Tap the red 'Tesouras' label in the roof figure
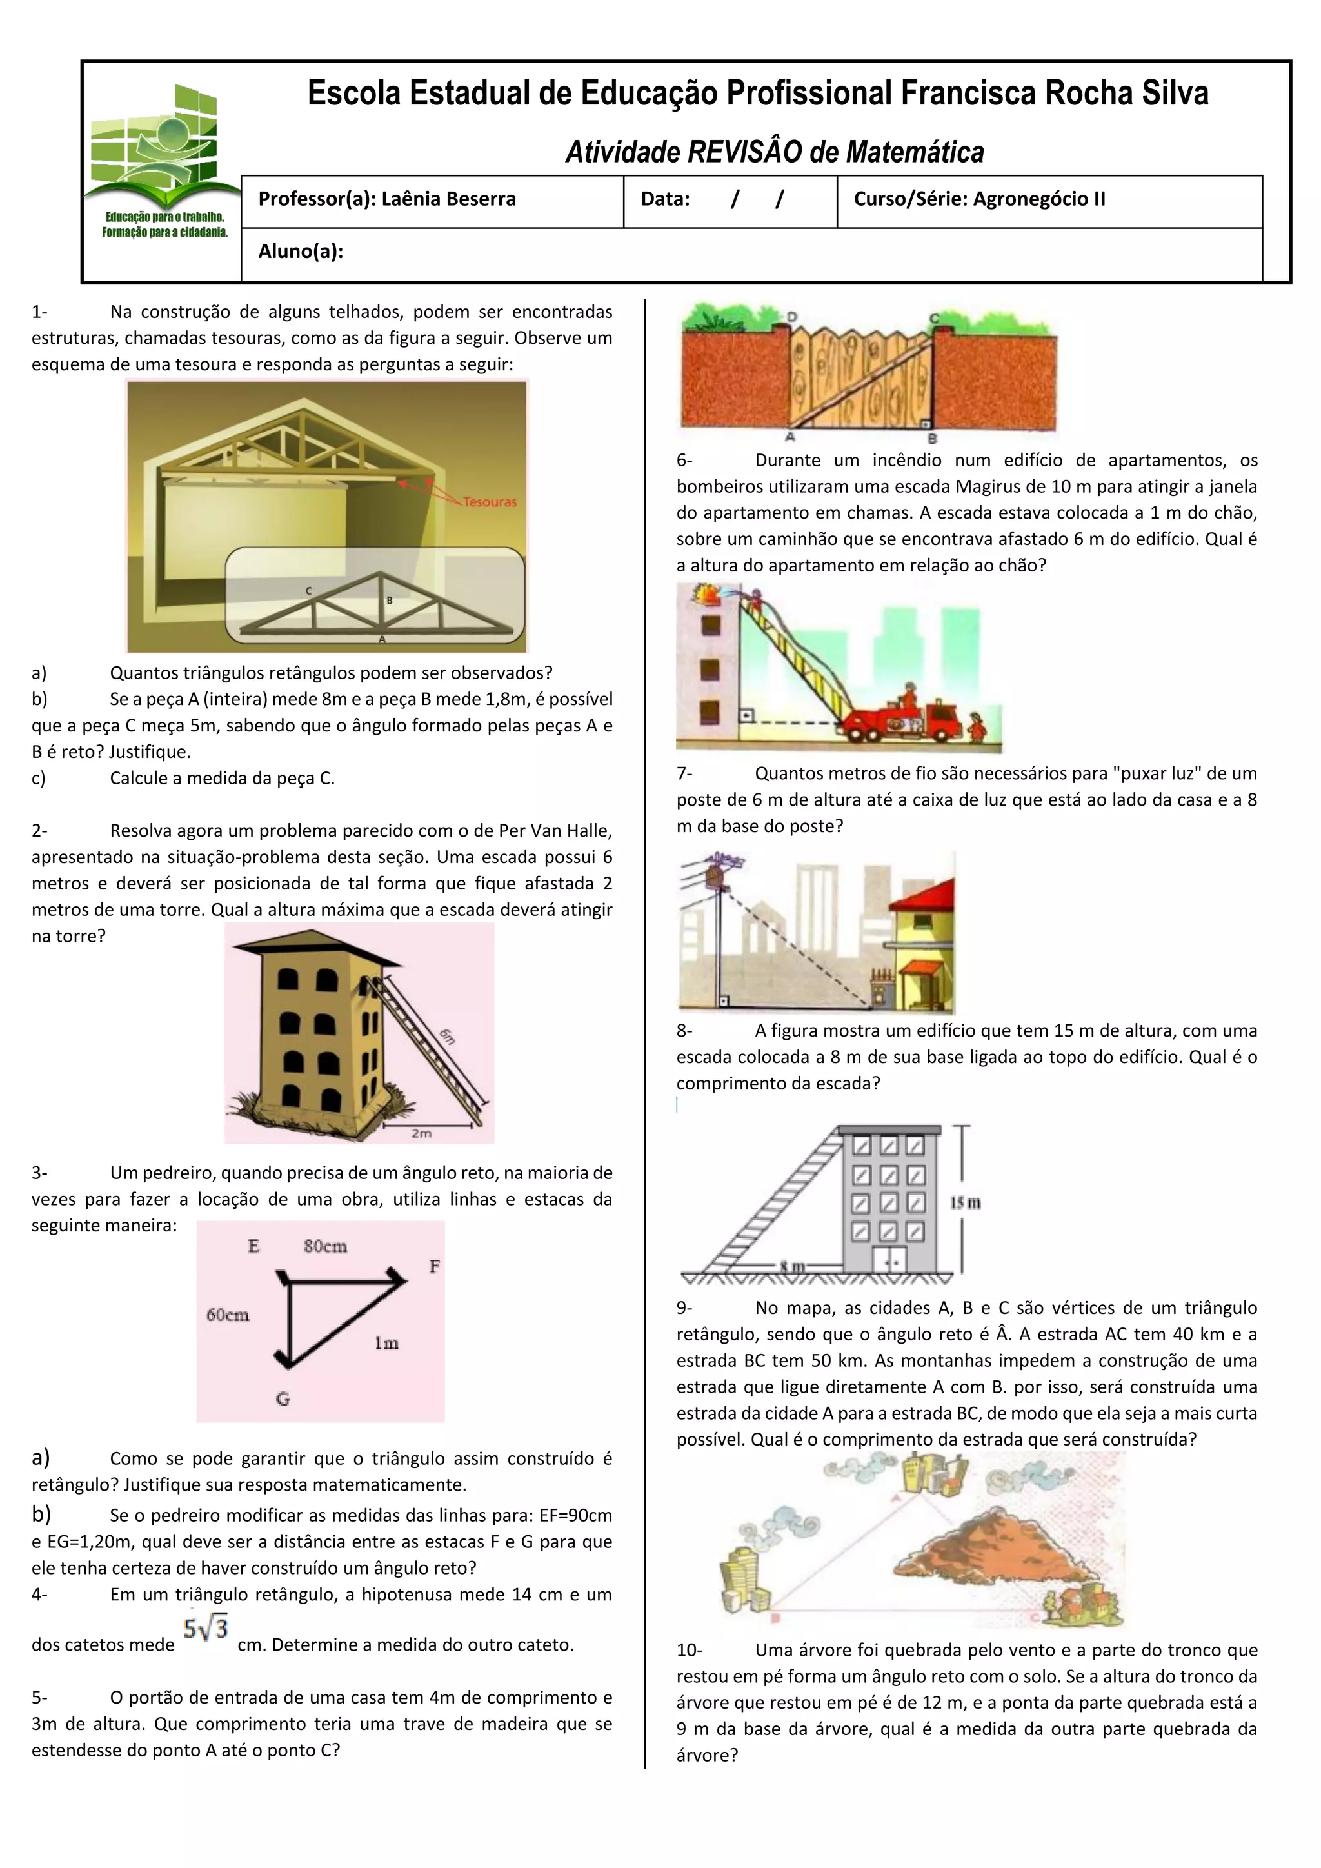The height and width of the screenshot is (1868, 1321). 490,502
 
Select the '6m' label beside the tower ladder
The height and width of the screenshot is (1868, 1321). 448,1037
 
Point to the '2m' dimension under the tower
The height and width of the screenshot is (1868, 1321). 421,1133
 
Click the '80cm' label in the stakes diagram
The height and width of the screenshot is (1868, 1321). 325,1246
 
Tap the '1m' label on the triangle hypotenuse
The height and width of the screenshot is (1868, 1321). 386,1343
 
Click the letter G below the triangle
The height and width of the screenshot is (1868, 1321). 283,1399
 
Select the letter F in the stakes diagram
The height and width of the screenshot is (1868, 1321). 434,1267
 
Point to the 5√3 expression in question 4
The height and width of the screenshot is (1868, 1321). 205,1629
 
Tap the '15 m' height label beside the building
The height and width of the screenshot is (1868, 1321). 966,1202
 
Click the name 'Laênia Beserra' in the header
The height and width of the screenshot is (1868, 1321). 448,199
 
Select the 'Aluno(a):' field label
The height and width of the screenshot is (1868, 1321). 300,252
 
